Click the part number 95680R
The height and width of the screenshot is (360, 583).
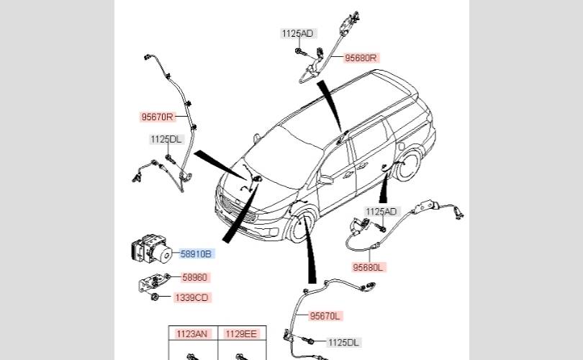[x=361, y=58]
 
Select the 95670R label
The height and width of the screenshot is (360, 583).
[x=157, y=116]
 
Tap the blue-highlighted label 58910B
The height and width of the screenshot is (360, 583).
[x=196, y=253]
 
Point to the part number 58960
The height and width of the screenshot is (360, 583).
[x=194, y=277]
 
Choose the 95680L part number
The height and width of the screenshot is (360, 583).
[x=369, y=267]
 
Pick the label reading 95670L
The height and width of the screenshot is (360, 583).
[x=325, y=316]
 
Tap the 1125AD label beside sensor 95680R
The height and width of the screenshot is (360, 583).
[x=297, y=33]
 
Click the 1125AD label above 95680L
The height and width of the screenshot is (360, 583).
[x=381, y=212]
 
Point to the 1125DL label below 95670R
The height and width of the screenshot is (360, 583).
[x=166, y=139]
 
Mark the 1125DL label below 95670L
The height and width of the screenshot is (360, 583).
[x=344, y=342]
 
